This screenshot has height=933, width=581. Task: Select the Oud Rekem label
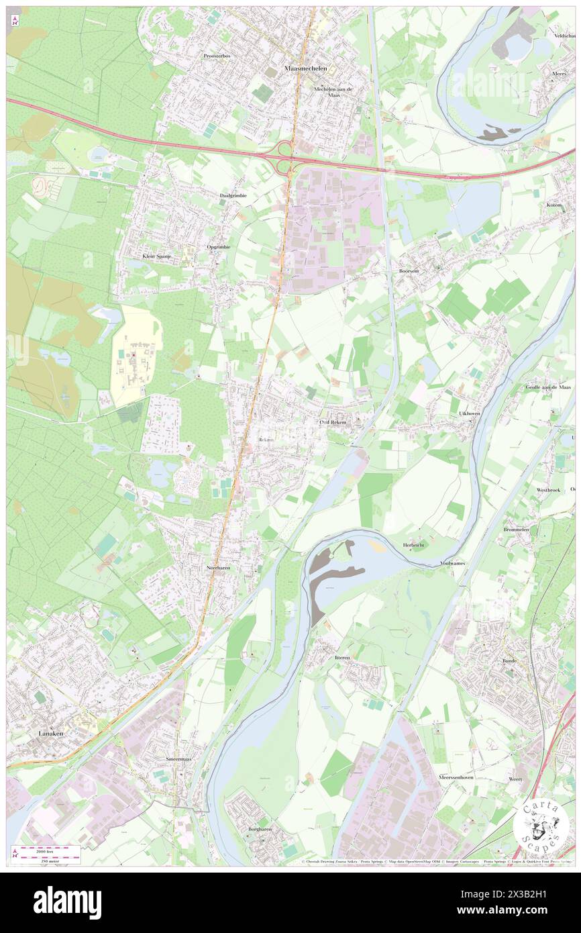tap(333, 422)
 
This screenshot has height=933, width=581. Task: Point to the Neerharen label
tap(218, 567)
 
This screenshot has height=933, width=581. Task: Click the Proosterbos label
tap(217, 56)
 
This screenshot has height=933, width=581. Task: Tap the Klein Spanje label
tap(157, 256)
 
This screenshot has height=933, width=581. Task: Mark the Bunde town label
tap(511, 660)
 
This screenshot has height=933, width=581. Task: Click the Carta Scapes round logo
tap(541, 825)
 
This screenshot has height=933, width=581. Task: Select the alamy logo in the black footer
tap(67, 903)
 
